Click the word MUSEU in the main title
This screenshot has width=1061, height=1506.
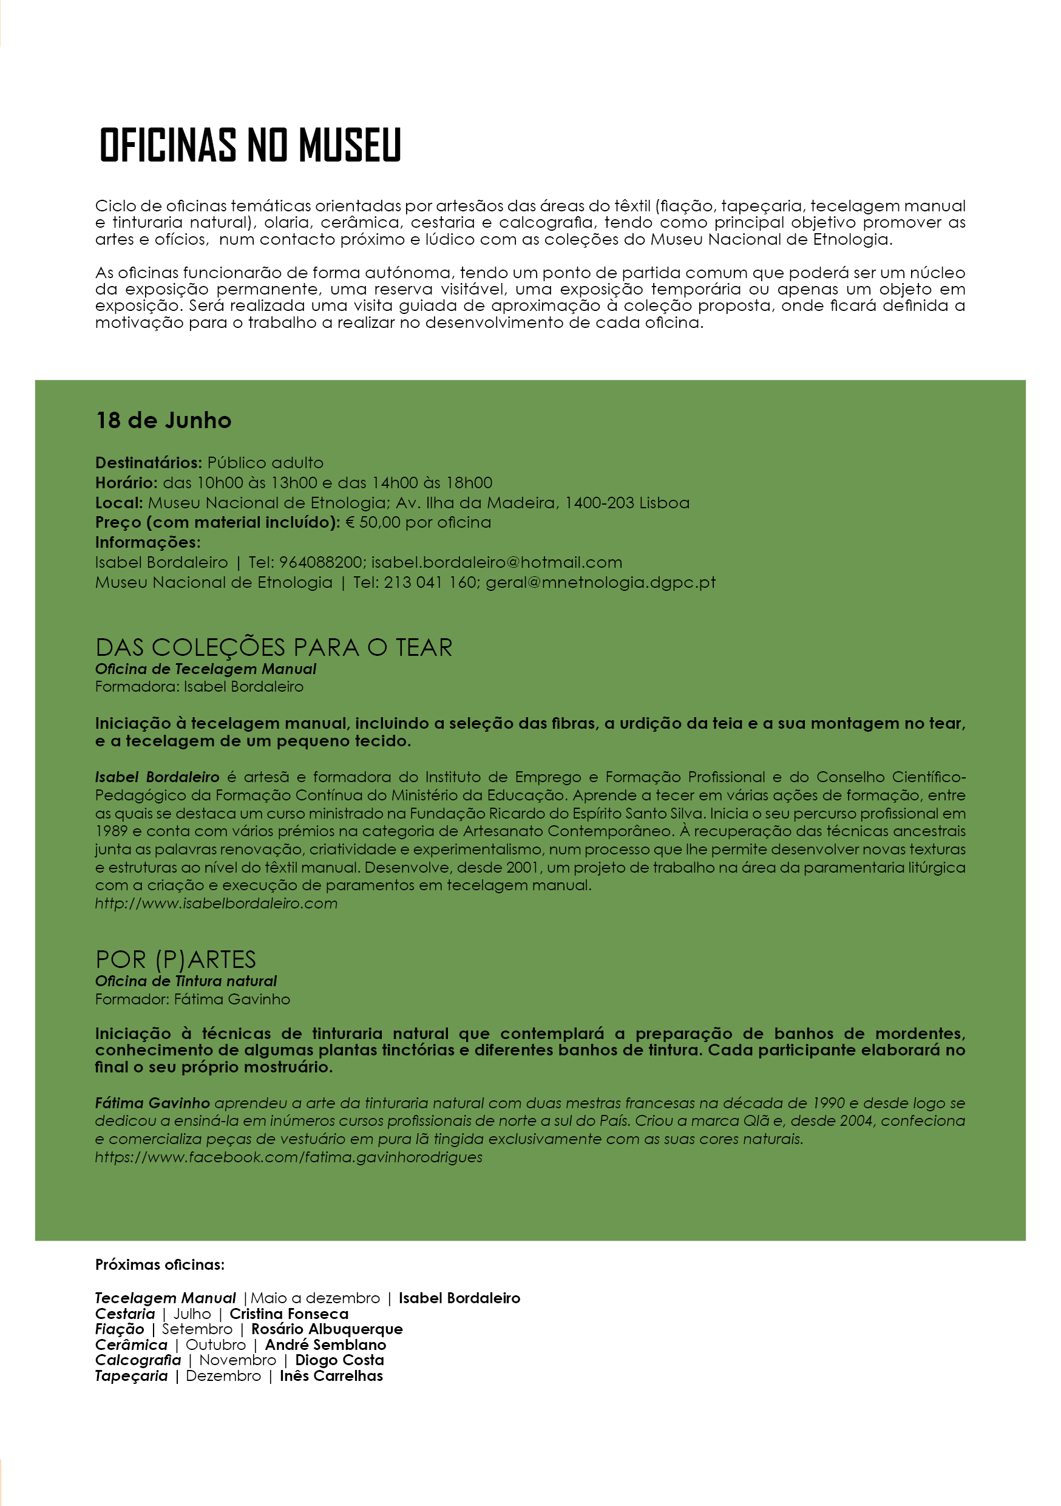click(x=350, y=145)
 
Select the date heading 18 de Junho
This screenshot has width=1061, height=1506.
click(x=163, y=420)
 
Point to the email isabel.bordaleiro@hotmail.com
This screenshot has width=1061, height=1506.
click(x=497, y=562)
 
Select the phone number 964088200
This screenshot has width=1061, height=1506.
click(x=320, y=562)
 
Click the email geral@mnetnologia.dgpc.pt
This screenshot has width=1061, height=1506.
click(x=600, y=582)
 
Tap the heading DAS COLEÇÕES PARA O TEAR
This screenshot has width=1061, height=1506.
click(x=274, y=647)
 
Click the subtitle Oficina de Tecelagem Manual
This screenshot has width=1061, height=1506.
click(x=205, y=669)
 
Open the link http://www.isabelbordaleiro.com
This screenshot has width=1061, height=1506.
click(x=215, y=903)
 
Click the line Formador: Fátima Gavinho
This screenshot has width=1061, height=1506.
click(x=192, y=999)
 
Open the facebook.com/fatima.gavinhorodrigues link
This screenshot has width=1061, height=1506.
click(x=288, y=1157)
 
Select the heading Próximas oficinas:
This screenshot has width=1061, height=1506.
click(x=160, y=1265)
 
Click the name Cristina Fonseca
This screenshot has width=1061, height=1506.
click(x=288, y=1314)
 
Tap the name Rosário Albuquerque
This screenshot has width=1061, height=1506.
click(x=327, y=1329)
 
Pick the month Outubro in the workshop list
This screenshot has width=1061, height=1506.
click(x=215, y=1344)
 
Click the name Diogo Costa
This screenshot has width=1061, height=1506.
click(x=339, y=1360)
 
